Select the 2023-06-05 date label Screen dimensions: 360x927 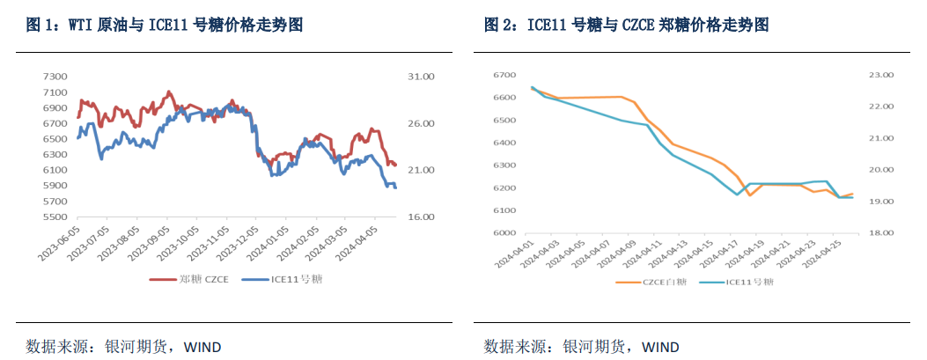tap(62, 242)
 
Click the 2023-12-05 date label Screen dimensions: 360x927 tap(239, 242)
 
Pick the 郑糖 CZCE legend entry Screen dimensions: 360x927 tap(190, 279)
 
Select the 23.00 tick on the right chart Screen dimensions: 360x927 tap(881, 75)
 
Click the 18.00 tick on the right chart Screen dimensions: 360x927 tap(881, 233)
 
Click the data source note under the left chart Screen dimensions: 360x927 tap(123, 346)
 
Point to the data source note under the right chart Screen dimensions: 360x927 tap(581, 346)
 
